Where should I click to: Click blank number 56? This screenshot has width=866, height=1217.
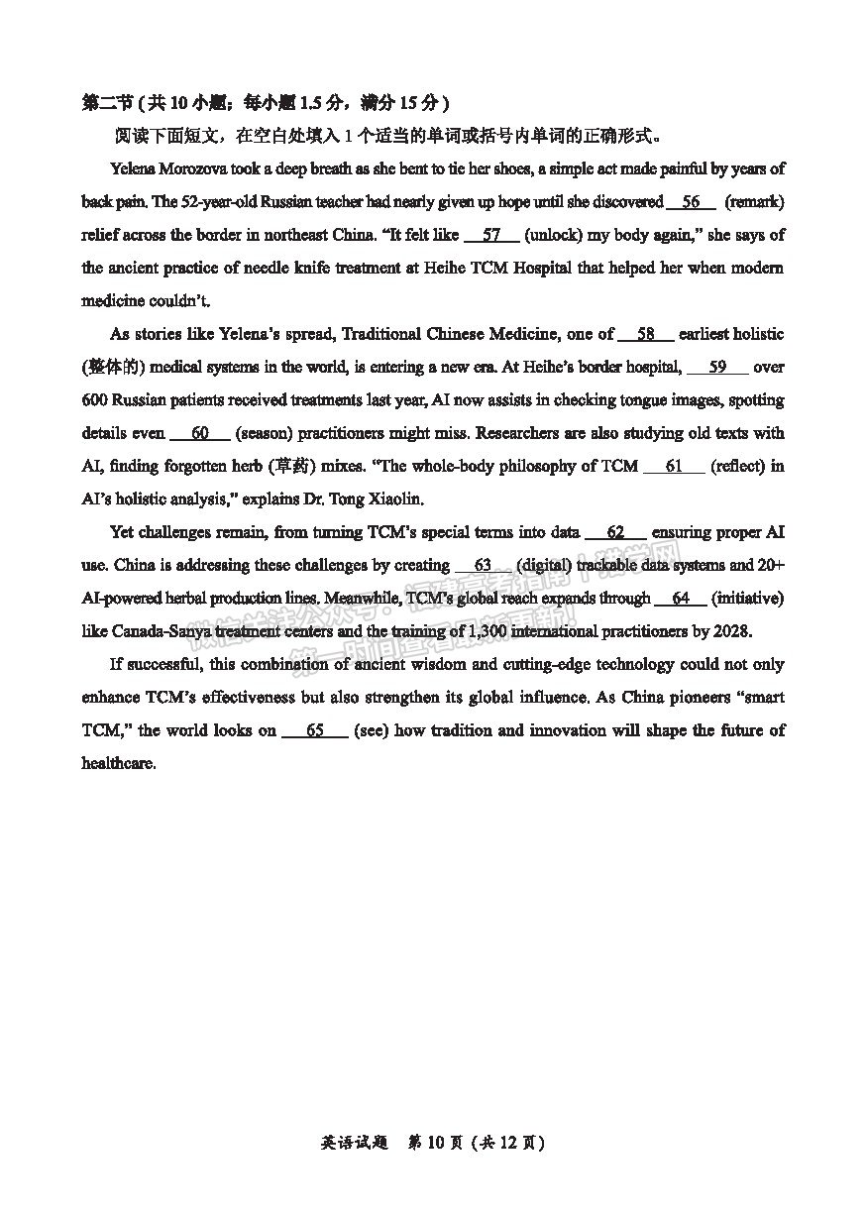pyautogui.click(x=691, y=202)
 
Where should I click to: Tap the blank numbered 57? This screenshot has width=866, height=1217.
pyautogui.click(x=490, y=235)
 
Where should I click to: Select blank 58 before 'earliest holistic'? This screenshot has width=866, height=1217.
pyautogui.click(x=645, y=334)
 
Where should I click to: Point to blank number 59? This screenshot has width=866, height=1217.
pyautogui.click(x=717, y=367)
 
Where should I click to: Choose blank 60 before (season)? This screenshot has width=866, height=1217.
pyautogui.click(x=200, y=433)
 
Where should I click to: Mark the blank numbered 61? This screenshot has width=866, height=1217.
pyautogui.click(x=674, y=466)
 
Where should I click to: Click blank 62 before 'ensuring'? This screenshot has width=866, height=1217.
pyautogui.click(x=615, y=532)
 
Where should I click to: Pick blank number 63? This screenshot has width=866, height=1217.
pyautogui.click(x=483, y=565)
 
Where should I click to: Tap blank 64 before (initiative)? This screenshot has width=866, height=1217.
pyautogui.click(x=681, y=599)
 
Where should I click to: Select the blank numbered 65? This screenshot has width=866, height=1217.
pyautogui.click(x=315, y=730)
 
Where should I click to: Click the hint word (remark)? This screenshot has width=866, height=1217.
pyautogui.click(x=755, y=202)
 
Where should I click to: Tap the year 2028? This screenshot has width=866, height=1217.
pyautogui.click(x=731, y=631)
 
